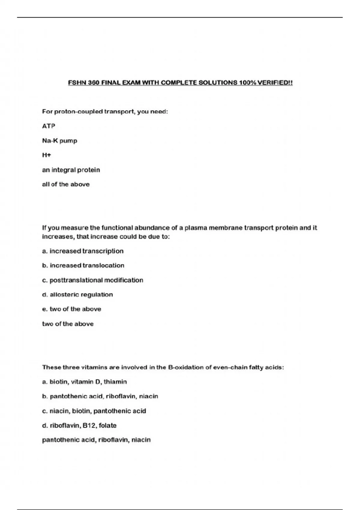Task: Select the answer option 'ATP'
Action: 49,126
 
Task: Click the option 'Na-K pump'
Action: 60,141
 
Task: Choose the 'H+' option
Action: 46,155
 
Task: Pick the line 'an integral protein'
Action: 71,170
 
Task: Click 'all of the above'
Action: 66,184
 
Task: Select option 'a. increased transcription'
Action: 83,251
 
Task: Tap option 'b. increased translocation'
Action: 83,265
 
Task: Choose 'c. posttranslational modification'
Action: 93,280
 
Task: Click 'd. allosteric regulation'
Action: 77,294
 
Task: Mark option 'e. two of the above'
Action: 72,309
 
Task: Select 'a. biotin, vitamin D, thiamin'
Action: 85,382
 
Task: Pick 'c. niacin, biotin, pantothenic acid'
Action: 94,411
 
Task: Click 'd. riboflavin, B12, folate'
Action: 79,425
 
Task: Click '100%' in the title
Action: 247,82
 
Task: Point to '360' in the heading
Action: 94,82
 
